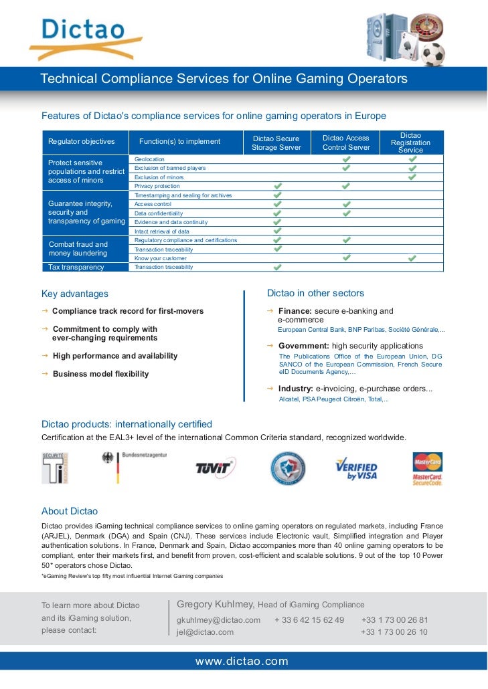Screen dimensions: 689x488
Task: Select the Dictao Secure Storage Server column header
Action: pos(276,143)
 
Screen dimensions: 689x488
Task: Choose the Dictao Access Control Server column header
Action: pos(346,142)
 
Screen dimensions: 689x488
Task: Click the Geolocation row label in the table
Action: pos(149,159)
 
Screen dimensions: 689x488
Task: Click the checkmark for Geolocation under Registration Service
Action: pos(412,159)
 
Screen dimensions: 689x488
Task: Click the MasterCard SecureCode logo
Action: pos(427,468)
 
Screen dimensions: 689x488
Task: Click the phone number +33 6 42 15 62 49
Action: pos(309,620)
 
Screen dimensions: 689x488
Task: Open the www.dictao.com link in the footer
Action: pos(242,662)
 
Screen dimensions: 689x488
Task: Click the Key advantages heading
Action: pos(75,294)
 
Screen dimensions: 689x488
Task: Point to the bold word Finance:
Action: pos(295,311)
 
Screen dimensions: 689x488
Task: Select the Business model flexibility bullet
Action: pos(100,374)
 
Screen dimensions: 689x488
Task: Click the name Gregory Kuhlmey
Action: pos(215,605)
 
